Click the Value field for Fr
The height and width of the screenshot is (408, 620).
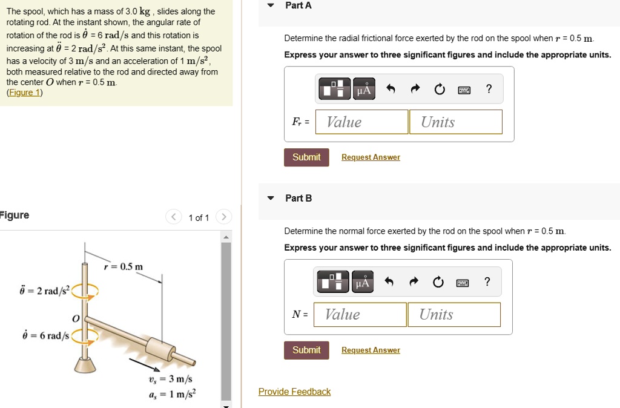[x=361, y=122]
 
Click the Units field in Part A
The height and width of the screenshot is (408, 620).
[x=455, y=122]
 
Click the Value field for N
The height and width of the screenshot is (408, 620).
[x=360, y=314]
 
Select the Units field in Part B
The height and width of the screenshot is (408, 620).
[x=453, y=314]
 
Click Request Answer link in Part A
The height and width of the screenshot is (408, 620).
[x=371, y=157]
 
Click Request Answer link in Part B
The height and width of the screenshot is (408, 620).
[x=371, y=350]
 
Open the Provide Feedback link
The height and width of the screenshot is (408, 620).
[x=294, y=392]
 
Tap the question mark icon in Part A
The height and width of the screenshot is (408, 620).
[x=489, y=90]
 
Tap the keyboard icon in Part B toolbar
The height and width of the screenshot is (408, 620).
[x=463, y=283]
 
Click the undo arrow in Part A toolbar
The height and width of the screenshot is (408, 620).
[x=391, y=90]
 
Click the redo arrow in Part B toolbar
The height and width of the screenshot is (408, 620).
[x=415, y=283]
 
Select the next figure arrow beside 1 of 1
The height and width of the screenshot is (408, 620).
[x=223, y=217]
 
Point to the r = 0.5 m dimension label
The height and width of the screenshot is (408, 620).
[x=123, y=267]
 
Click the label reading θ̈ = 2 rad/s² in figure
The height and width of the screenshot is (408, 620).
[x=41, y=291]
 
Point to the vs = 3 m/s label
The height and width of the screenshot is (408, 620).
[x=170, y=379]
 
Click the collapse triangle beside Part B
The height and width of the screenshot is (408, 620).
[x=271, y=198]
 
